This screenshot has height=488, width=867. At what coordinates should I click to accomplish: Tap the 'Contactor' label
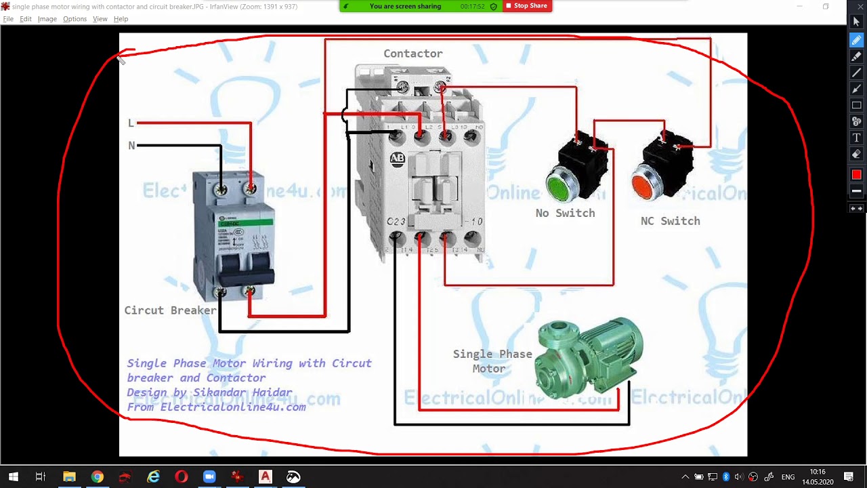[413, 54]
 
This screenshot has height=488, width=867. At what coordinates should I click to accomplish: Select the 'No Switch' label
[565, 213]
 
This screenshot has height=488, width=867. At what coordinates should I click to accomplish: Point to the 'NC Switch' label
[670, 221]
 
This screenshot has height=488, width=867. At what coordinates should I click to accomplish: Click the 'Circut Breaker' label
[170, 310]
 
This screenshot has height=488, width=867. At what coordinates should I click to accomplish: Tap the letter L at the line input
[131, 123]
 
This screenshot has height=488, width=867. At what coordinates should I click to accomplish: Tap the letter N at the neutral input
[131, 146]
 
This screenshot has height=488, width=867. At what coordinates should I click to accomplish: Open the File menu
[8, 19]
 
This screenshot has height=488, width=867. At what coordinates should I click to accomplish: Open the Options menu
[75, 19]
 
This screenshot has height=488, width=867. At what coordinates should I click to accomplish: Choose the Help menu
[121, 19]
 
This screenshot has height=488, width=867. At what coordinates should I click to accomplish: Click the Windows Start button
[13, 477]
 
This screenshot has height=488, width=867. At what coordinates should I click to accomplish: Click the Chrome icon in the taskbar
[97, 477]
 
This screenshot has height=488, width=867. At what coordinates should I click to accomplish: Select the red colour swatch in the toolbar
[856, 175]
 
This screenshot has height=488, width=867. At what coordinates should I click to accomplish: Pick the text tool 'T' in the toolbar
[856, 138]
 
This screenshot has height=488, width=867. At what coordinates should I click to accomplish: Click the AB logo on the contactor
[397, 159]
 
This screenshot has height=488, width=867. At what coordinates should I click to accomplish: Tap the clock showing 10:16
[817, 472]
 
